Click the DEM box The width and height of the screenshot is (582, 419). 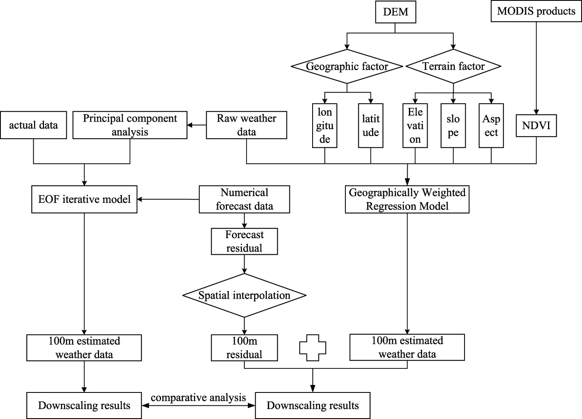pyautogui.click(x=395, y=12)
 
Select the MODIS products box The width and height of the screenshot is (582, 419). pyautogui.click(x=536, y=11)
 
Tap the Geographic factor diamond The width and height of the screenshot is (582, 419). pyautogui.click(x=347, y=66)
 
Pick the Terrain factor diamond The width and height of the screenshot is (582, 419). pyautogui.click(x=453, y=66)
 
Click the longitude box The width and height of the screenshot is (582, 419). pyautogui.click(x=325, y=125)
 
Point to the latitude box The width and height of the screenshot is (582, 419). pyautogui.click(x=370, y=125)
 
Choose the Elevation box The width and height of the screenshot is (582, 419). pyautogui.click(x=415, y=125)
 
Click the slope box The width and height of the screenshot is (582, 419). pyautogui.click(x=453, y=125)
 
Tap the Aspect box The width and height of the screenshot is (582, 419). pyautogui.click(x=491, y=125)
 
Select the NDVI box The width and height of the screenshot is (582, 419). pyautogui.click(x=536, y=125)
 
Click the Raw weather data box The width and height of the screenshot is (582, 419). pyautogui.click(x=246, y=125)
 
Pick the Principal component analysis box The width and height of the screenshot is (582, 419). pyautogui.click(x=130, y=125)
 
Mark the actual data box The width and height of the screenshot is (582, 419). pyautogui.click(x=33, y=125)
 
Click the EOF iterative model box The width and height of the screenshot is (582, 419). pyautogui.click(x=84, y=200)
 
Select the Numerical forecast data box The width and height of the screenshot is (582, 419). pyautogui.click(x=244, y=200)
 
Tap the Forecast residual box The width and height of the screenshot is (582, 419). pyautogui.click(x=244, y=241)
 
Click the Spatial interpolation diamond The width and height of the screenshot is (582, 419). pyautogui.click(x=244, y=295)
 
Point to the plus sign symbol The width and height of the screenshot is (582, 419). pyautogui.click(x=313, y=348)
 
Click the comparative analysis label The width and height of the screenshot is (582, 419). pyautogui.click(x=198, y=397)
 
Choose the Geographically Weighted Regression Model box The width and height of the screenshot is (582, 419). pyautogui.click(x=407, y=200)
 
